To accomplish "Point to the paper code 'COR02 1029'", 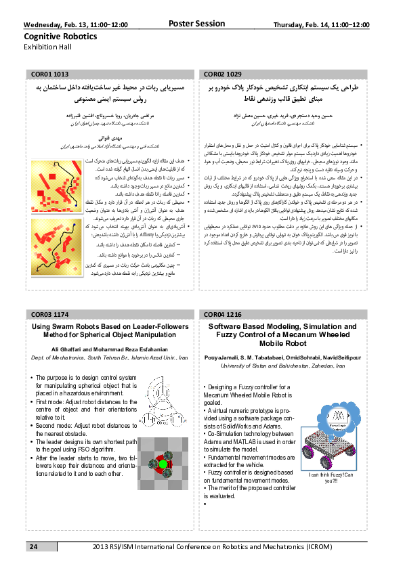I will [223, 72].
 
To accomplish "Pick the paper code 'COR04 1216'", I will [223, 315].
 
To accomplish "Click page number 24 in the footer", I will [33, 546].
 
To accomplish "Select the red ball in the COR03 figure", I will [163, 464].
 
